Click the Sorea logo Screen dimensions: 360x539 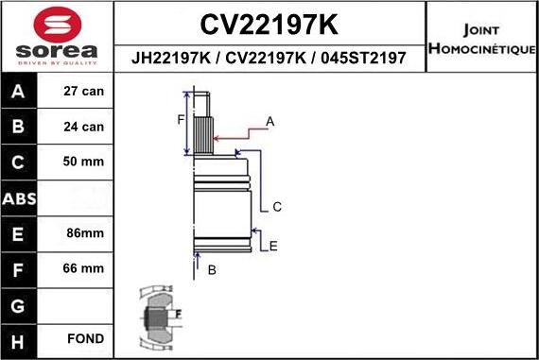click(x=56, y=38)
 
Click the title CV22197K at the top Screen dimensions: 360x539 click(x=269, y=23)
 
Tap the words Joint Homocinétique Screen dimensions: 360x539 click(x=482, y=38)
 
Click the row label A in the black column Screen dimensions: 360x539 click(x=20, y=92)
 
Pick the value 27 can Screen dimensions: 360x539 click(x=83, y=92)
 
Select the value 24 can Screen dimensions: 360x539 click(x=83, y=127)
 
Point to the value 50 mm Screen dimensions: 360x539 click(x=83, y=162)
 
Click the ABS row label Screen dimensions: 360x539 click(x=20, y=197)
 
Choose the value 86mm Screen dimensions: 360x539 click(x=83, y=232)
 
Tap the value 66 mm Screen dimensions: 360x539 click(x=83, y=268)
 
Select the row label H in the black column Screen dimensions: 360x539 click(x=20, y=338)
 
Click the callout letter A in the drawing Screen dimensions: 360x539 click(x=269, y=121)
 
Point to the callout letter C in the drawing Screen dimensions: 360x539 click(x=277, y=207)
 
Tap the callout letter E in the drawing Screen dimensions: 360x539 click(x=273, y=247)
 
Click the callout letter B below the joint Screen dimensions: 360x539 click(x=212, y=270)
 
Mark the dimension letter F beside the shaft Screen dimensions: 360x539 click(x=181, y=119)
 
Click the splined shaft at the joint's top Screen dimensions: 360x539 click(x=205, y=128)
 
